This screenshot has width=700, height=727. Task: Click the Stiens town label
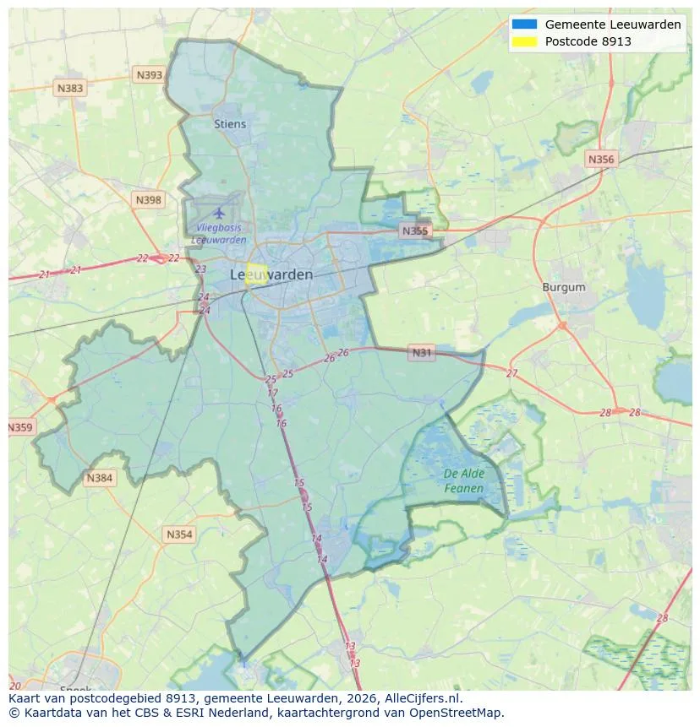[230, 124]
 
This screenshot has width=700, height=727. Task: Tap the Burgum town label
[563, 287]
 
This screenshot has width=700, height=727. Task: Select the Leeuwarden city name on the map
[271, 275]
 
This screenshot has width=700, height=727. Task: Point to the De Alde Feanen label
[464, 481]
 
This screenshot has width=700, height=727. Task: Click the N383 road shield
[70, 88]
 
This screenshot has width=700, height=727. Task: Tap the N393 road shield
[149, 75]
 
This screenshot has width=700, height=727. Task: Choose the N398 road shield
[147, 200]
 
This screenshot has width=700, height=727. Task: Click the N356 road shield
[601, 159]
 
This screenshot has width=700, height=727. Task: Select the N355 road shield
[415, 231]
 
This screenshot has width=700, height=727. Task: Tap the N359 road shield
[20, 428]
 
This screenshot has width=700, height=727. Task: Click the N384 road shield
[100, 479]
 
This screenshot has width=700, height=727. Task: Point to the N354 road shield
[179, 534]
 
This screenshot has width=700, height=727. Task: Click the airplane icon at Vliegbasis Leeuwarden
[220, 212]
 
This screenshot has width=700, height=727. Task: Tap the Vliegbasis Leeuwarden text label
[219, 234]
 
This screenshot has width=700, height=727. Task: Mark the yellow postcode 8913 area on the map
[256, 275]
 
